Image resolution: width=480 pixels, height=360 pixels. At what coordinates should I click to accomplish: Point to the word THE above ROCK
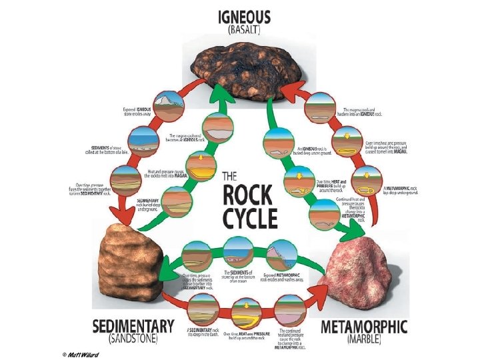tap(229, 177)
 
